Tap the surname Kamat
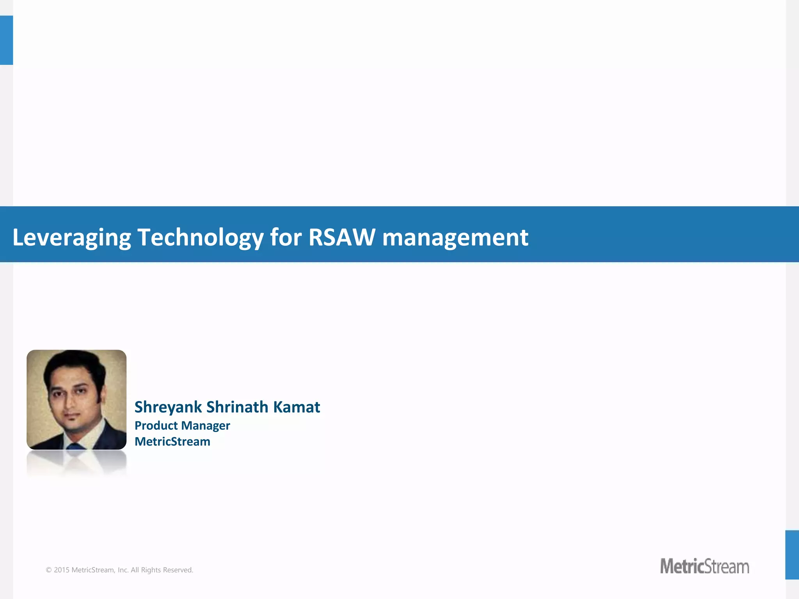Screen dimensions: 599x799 click(x=297, y=407)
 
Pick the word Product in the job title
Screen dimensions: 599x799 click(x=156, y=425)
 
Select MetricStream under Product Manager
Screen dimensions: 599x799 click(x=172, y=441)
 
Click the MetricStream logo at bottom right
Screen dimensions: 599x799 click(x=704, y=566)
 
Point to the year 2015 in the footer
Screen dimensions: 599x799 click(x=62, y=570)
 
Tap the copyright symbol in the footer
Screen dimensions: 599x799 click(x=49, y=570)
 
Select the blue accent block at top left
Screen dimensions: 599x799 click(x=6, y=40)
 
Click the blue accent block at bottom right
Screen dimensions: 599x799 click(x=792, y=555)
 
